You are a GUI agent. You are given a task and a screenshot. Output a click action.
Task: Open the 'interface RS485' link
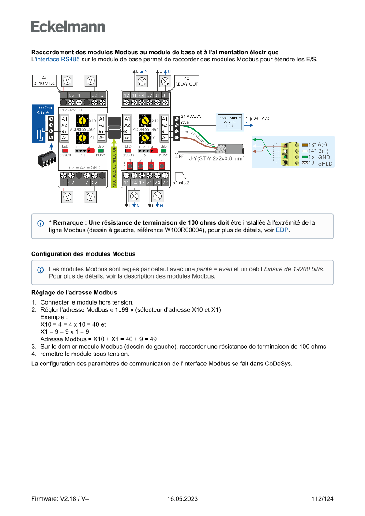[x=57, y=60]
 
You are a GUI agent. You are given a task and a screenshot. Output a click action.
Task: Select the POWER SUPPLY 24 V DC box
[x=230, y=122]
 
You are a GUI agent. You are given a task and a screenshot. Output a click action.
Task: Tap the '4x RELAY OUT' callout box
[x=187, y=81]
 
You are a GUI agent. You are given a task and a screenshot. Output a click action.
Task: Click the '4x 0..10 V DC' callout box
[x=45, y=80]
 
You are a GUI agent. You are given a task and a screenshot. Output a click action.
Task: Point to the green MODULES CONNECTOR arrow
[x=114, y=163]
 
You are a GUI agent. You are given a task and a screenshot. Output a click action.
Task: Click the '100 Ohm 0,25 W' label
[x=43, y=110]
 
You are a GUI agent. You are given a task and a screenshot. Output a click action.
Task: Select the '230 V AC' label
[x=262, y=119]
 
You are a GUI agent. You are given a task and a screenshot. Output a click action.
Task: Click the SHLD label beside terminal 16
[x=325, y=163]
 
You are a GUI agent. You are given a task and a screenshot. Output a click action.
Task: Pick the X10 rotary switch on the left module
[x=82, y=120]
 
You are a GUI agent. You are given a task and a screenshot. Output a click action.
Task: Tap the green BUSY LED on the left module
[x=101, y=151]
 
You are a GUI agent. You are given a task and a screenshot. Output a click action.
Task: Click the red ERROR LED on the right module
[x=128, y=151]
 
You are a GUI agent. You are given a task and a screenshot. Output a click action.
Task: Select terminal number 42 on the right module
[x=126, y=95]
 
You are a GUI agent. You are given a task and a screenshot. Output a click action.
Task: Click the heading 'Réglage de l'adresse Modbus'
[x=74, y=292]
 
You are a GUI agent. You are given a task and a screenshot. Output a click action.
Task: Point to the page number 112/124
[x=323, y=499]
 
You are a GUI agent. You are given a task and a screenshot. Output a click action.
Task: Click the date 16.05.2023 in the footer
[x=182, y=499]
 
